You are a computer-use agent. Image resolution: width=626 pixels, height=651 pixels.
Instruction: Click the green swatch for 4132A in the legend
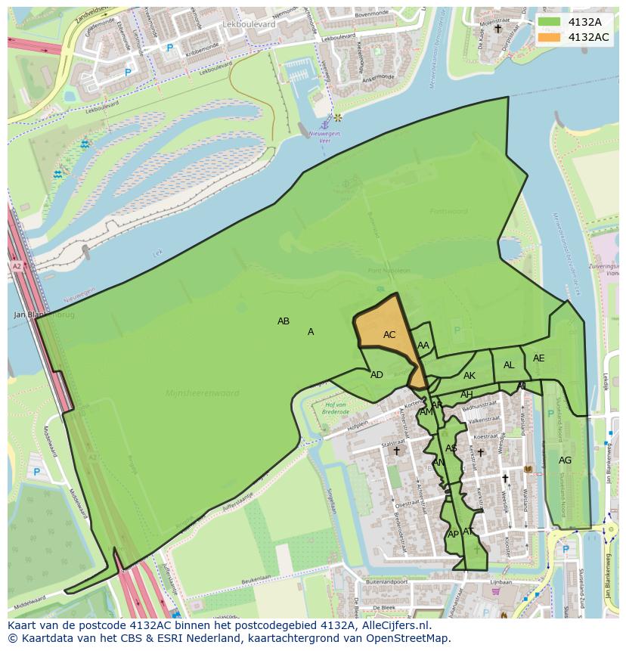pyautogui.click(x=550, y=22)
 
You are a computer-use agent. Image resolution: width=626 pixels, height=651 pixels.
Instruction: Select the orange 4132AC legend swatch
pyautogui.click(x=550, y=37)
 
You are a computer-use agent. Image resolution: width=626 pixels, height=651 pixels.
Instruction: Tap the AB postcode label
pyautogui.click(x=284, y=321)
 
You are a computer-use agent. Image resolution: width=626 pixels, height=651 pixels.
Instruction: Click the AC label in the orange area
pyautogui.click(x=389, y=335)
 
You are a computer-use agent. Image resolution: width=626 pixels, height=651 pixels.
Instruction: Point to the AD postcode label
pyautogui.click(x=377, y=375)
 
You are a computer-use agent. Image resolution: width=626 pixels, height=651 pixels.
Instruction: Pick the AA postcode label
pyautogui.click(x=423, y=346)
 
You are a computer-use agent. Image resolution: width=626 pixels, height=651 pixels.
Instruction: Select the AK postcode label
pyautogui.click(x=469, y=376)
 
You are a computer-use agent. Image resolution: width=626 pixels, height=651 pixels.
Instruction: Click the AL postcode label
pyautogui.click(x=509, y=365)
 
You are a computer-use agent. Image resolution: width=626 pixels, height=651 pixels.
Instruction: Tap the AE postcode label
pyautogui.click(x=538, y=358)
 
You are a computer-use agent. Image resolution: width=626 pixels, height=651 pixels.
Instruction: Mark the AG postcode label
pyautogui.click(x=565, y=460)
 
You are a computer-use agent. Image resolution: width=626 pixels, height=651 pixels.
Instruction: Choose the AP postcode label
pyautogui.click(x=453, y=534)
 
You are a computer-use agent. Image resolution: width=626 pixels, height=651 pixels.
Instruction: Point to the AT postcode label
pyautogui.click(x=468, y=532)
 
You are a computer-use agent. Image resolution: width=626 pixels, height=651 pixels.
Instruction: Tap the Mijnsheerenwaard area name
pyautogui.click(x=202, y=393)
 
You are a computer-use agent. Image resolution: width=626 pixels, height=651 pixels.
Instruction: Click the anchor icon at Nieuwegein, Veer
pyautogui.click(x=324, y=123)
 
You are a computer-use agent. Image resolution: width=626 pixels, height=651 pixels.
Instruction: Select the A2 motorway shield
pyautogui.click(x=17, y=266)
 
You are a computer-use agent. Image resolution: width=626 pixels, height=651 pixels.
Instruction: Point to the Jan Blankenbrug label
pyautogui.click(x=45, y=315)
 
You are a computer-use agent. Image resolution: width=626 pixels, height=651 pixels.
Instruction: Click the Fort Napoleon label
pyautogui.click(x=389, y=271)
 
